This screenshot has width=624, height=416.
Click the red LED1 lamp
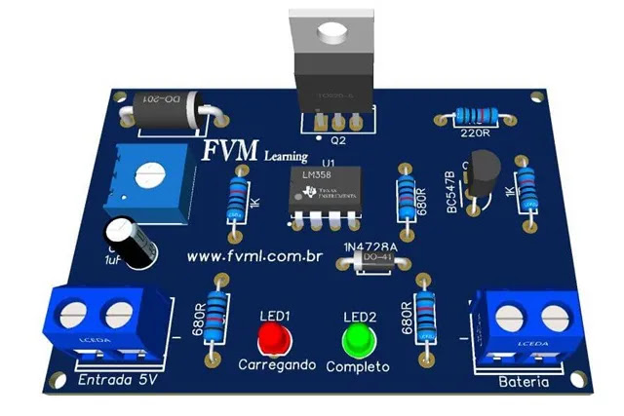point(274,340)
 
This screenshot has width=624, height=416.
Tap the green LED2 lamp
point(360,340)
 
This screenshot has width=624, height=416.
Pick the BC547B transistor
point(484,178)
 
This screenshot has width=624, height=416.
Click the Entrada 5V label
point(117,379)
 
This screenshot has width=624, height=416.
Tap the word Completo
point(358,367)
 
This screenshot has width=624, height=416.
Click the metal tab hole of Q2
point(331,33)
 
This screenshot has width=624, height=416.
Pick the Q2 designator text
point(338,140)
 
